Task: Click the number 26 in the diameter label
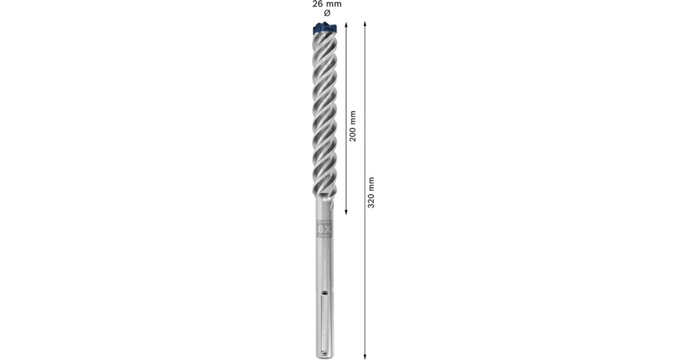317,4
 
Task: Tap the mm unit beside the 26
333,4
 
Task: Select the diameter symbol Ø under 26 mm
326,13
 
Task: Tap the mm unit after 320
371,183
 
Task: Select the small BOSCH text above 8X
324,222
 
